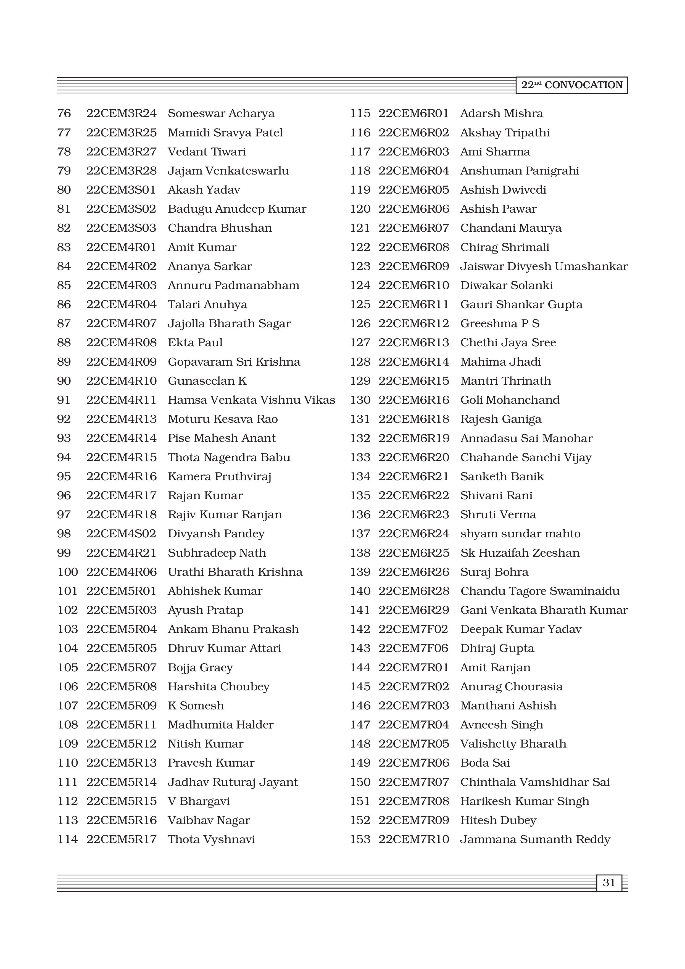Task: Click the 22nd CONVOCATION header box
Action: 571,85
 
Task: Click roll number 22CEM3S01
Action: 121,190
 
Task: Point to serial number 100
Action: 67,572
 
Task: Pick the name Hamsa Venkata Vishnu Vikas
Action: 251,400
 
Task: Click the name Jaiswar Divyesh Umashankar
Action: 544,266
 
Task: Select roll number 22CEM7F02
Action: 413,629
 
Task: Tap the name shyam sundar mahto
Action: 520,534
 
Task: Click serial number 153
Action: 360,839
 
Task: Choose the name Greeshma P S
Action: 500,324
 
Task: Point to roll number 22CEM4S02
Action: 121,534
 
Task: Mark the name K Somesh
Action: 196,706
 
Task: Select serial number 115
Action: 360,113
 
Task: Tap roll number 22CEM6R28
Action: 413,591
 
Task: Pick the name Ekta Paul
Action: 195,343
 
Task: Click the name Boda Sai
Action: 485,763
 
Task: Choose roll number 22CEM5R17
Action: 121,839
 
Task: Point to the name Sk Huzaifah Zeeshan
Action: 520,553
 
